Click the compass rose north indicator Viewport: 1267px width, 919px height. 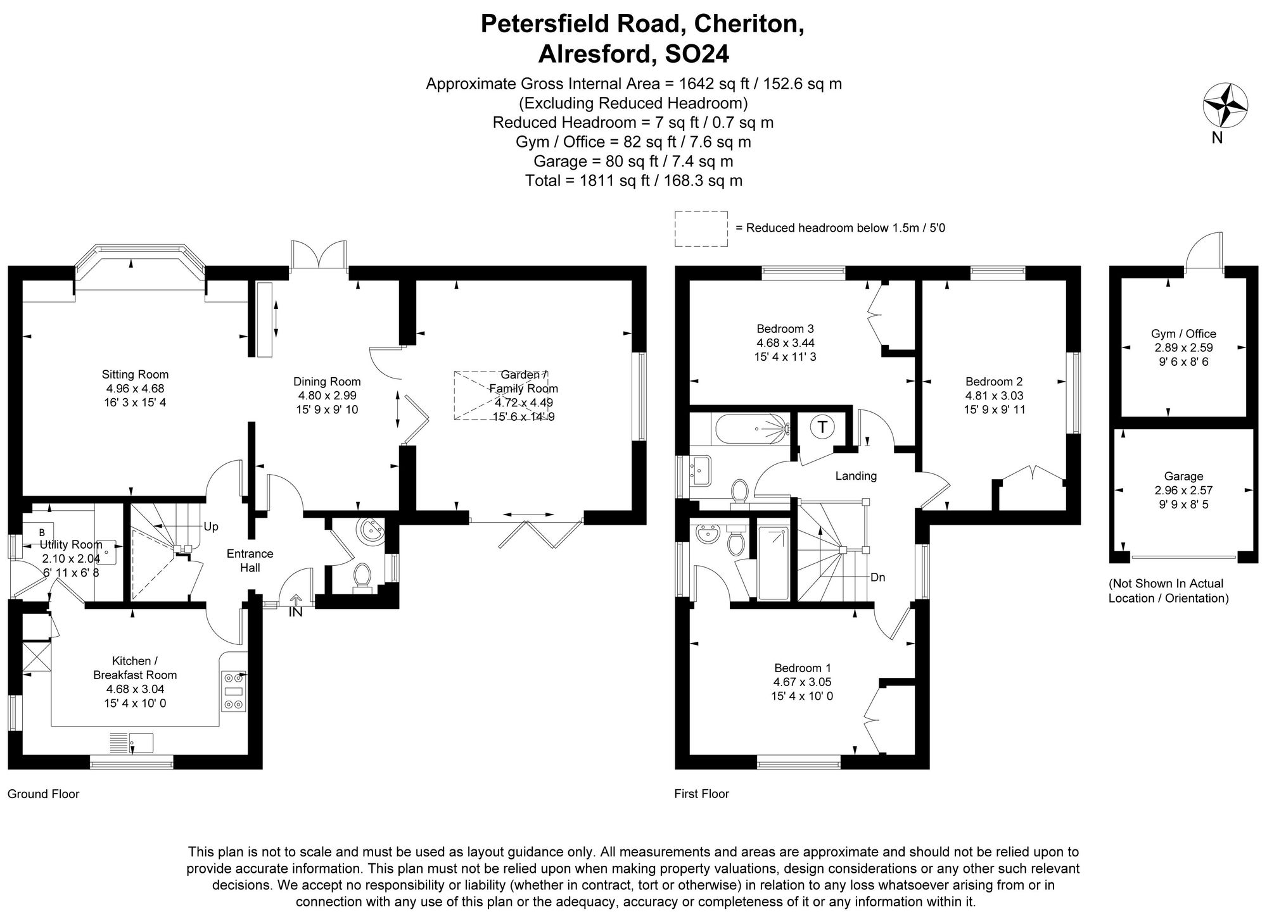pyautogui.click(x=1225, y=107)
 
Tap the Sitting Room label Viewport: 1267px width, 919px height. pyautogui.click(x=135, y=375)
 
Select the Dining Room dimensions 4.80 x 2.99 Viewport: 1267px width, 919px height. pyautogui.click(x=327, y=396)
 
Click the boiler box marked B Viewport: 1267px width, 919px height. pyautogui.click(x=42, y=532)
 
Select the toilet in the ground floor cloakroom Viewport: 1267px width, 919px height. pyautogui.click(x=362, y=575)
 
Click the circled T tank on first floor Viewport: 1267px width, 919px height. pyautogui.click(x=822, y=427)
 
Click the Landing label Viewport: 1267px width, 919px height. pyautogui.click(x=856, y=476)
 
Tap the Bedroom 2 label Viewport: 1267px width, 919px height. pyautogui.click(x=994, y=382)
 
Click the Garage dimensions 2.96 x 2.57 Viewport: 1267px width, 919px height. pyautogui.click(x=1183, y=491)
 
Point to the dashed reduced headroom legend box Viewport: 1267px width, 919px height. pyautogui.click(x=701, y=228)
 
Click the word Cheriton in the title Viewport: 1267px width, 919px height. pyautogui.click(x=748, y=24)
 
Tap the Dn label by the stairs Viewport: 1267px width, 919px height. pyautogui.click(x=877, y=577)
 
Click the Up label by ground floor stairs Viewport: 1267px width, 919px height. pyautogui.click(x=211, y=527)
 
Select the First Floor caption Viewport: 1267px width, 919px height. pyautogui.click(x=702, y=794)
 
